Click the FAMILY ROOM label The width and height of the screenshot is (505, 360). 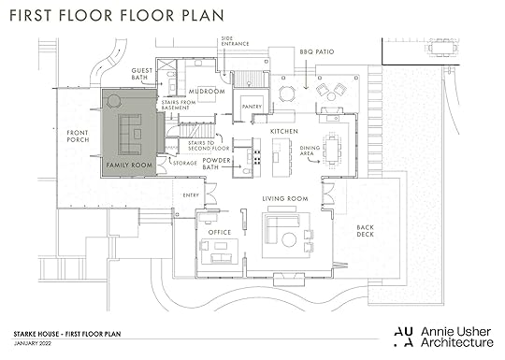[x=129, y=166]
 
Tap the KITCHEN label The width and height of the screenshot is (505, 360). [x=284, y=132]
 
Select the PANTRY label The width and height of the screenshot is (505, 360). [x=252, y=107]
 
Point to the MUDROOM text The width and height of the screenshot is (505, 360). [x=207, y=92]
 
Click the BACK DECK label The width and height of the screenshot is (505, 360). [x=366, y=231]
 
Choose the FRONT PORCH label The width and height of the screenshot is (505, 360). [x=78, y=137]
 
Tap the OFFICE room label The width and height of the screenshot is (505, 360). [x=220, y=232]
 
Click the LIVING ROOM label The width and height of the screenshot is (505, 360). [x=285, y=198]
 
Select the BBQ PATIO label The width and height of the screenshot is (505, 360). [x=317, y=51]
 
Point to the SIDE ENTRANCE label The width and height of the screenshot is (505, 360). [x=235, y=41]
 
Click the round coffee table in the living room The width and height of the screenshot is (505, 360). [x=289, y=239]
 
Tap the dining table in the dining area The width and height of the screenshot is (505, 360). [x=332, y=151]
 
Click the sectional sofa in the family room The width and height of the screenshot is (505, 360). [x=130, y=134]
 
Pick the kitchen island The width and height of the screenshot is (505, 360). [x=279, y=158]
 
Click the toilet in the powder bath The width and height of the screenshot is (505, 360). [x=247, y=171]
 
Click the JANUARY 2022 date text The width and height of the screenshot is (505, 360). [x=33, y=343]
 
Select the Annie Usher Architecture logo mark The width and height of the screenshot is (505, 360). [x=404, y=338]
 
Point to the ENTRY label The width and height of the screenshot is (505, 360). [x=191, y=195]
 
